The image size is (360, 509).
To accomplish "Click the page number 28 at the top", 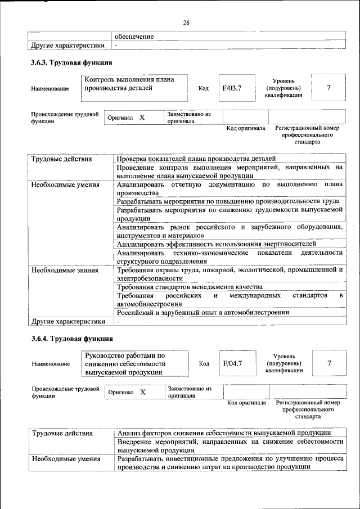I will tap(186, 22).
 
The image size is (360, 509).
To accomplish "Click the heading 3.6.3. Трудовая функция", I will tap(71, 62).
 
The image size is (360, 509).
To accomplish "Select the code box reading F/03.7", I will tap(232, 88).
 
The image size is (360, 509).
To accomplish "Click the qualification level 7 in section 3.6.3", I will tap(328, 88).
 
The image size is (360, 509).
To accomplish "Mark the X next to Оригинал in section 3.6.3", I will tap(142, 118).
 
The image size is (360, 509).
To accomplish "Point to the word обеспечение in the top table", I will tap(134, 36).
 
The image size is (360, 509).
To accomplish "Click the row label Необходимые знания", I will tap(65, 270).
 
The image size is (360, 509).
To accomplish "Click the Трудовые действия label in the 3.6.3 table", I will tap(61, 159).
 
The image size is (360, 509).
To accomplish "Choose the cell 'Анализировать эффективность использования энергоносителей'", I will tap(216, 244).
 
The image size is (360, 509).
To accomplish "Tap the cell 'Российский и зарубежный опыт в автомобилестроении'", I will tap(202, 312).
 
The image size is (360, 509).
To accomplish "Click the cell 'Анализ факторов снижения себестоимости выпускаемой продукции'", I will tap(224, 433).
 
